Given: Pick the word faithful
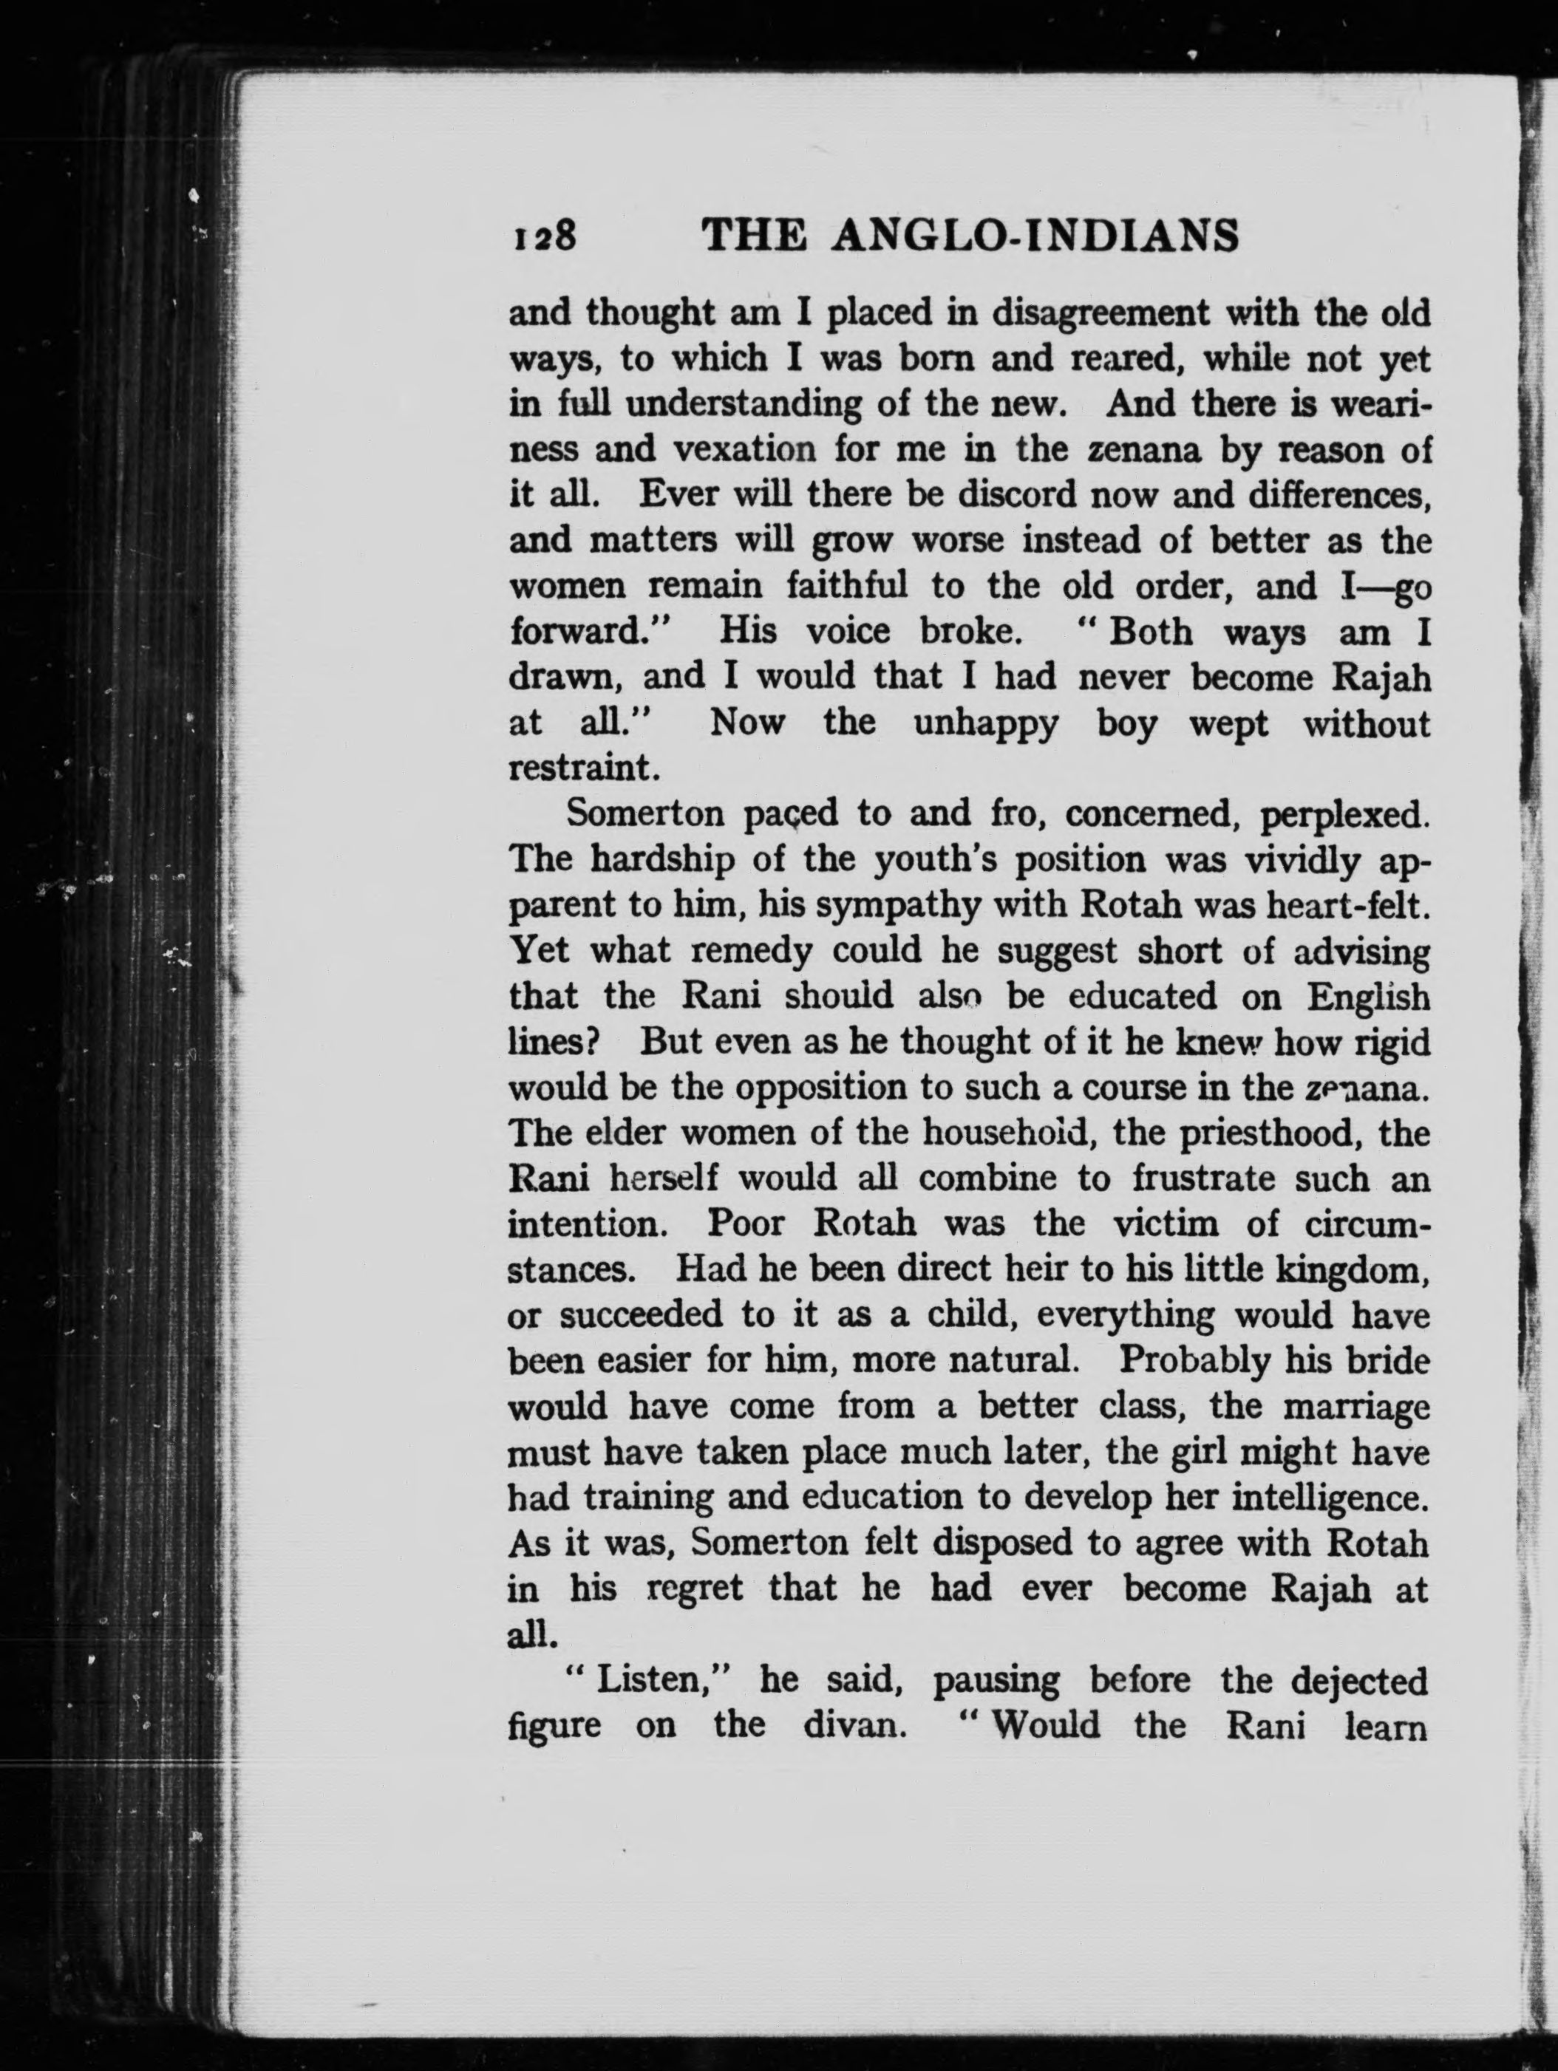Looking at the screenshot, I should [846, 586].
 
